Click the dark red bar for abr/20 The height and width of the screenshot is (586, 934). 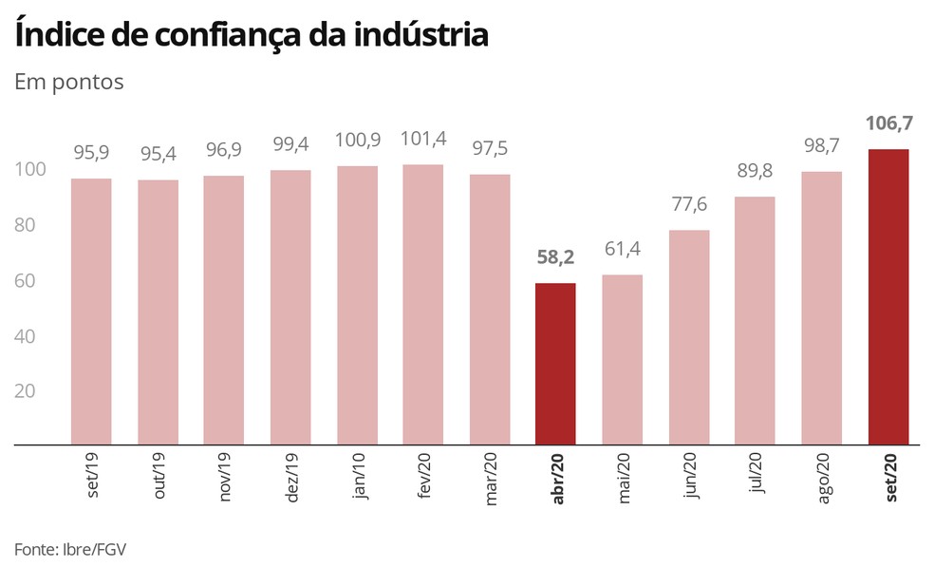coord(555,364)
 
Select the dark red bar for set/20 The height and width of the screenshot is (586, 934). coord(887,296)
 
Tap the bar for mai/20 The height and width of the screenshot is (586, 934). coord(622,359)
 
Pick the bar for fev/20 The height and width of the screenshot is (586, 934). coord(422,304)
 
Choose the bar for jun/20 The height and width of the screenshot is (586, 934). coord(688,337)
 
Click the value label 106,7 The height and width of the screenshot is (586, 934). coord(887,123)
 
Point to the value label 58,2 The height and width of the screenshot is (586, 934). coord(555,257)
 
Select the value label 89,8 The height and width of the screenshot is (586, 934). coord(756,171)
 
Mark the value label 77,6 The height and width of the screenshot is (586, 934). coord(688,204)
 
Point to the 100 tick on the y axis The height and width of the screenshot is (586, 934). coord(30,170)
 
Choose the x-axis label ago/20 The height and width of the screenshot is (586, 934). coord(824,479)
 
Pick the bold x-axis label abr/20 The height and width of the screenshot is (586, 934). coord(558,479)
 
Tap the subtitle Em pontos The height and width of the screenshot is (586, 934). coord(69,82)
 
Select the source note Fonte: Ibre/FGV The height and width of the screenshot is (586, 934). coord(70,550)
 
